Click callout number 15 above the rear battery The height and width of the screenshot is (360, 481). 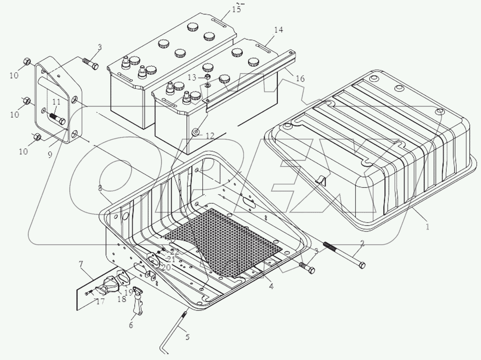point(236,9)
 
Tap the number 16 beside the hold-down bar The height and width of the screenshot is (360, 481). point(300,79)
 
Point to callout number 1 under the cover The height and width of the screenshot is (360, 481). point(427,227)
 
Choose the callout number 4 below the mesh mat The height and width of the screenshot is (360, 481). point(271,286)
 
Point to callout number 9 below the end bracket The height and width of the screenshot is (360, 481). point(50,155)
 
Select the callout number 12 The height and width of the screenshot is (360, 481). point(209,136)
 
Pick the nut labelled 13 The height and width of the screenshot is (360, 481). point(208,76)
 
